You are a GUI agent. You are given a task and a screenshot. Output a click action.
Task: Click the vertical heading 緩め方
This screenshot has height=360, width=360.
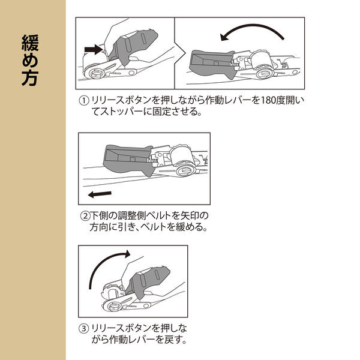coord(30,60)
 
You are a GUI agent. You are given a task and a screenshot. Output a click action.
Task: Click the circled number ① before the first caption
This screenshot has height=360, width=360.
coord(84,101)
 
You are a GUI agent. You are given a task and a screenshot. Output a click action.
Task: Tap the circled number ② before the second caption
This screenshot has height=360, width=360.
coord(85,216)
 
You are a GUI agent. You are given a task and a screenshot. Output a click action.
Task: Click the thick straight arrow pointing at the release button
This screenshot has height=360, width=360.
coord(94,49)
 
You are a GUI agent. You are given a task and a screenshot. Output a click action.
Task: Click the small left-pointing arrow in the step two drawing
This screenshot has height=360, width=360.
coord(100,194)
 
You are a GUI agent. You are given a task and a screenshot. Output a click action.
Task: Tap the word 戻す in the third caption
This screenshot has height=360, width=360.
coord(173,340)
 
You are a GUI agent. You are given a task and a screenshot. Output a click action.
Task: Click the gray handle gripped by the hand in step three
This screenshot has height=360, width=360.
coord(150,282)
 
